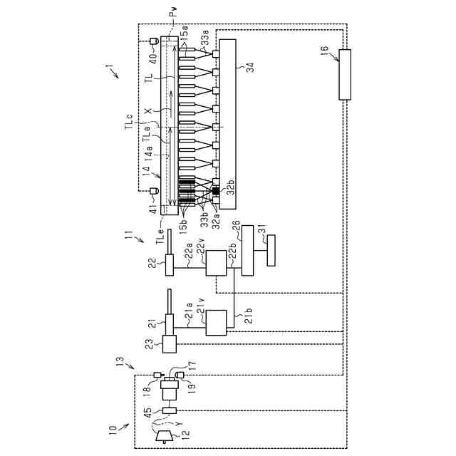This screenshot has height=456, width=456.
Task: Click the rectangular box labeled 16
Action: click(x=345, y=74)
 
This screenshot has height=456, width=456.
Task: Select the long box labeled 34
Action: click(x=227, y=124)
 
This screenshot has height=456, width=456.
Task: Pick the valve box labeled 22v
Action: click(x=216, y=264)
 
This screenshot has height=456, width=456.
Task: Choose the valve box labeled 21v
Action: click(x=216, y=323)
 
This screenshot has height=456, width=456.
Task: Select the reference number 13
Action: click(x=120, y=361)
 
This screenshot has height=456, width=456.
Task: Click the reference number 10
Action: click(x=112, y=430)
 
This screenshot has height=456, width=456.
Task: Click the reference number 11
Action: click(x=128, y=233)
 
